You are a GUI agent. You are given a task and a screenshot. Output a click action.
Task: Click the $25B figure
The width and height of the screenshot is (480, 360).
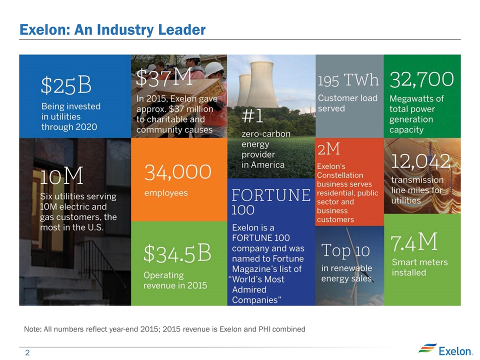pos(66,85)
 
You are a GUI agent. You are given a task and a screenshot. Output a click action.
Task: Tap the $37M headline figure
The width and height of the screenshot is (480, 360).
pos(164,78)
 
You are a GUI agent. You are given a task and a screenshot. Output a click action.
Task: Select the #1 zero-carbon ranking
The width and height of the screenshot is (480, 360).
pos(252,116)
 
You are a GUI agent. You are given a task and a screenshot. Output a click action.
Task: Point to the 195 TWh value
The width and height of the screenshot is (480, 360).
pos(348,80)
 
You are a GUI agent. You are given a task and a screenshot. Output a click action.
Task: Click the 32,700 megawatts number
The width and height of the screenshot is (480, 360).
pos(421,79)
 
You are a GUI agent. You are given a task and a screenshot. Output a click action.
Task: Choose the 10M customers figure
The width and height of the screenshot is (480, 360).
pos(61,175)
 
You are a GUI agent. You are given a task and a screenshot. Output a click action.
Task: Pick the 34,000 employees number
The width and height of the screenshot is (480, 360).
pos(178,172)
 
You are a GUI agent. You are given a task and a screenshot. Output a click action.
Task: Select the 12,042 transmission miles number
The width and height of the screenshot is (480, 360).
pos(421,161)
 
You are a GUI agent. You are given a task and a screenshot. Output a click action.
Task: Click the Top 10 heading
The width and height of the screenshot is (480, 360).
pos(343,250)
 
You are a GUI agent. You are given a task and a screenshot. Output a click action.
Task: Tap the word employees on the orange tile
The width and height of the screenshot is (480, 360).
pos(166,192)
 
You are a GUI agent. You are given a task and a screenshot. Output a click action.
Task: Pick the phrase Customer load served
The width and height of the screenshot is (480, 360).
pos(347,103)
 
